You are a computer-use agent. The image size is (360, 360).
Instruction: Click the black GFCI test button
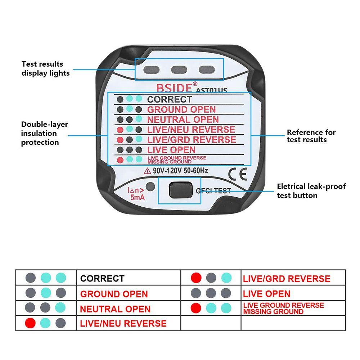[x=179, y=190]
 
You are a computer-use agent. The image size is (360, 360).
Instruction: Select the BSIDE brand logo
[x=175, y=88]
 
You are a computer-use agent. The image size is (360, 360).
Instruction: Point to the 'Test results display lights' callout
[x=45, y=68]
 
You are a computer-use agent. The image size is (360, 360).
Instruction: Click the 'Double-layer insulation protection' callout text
[x=44, y=133]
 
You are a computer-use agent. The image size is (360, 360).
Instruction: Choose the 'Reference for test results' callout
[x=311, y=136]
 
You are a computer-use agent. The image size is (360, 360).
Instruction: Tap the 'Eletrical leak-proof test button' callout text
[x=311, y=191]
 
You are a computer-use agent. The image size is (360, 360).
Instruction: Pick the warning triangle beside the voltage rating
[x=147, y=171]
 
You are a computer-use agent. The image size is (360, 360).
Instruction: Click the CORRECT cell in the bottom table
[x=102, y=278]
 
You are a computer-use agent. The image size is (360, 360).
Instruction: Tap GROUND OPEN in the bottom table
[x=114, y=294]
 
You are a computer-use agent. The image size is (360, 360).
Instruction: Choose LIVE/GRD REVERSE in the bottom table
[x=286, y=278]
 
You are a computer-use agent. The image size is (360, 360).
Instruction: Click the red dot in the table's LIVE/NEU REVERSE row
[x=30, y=323]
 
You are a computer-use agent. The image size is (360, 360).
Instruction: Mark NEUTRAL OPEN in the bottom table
[x=115, y=309]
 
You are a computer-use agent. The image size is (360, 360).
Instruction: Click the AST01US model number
[x=211, y=90]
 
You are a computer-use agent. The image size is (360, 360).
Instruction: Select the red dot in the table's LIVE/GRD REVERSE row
[x=196, y=278]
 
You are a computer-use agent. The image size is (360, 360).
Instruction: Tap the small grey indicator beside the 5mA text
[x=150, y=187]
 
